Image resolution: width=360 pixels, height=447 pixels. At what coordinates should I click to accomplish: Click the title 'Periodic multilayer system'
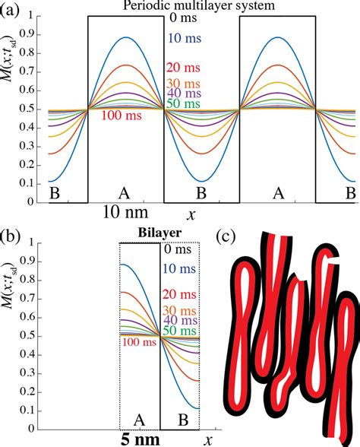[201, 7]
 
